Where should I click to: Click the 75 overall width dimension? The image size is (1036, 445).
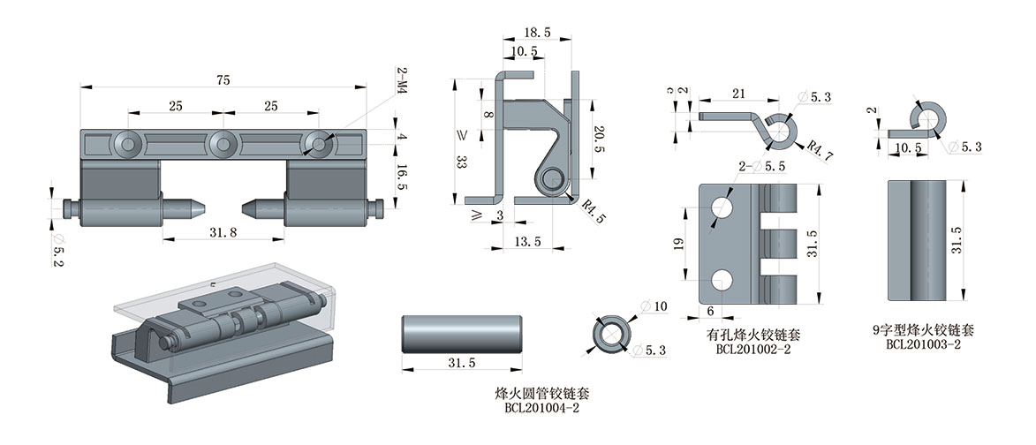[223, 80]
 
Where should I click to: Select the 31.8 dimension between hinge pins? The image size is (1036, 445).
[224, 233]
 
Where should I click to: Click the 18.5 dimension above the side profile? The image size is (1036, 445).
[536, 33]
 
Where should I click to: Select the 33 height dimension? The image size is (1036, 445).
[459, 162]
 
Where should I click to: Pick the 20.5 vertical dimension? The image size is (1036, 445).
[599, 139]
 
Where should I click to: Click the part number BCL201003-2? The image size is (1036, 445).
[923, 344]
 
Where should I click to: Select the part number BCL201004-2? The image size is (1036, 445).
[541, 407]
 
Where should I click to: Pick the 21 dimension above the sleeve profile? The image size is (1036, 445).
[739, 94]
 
